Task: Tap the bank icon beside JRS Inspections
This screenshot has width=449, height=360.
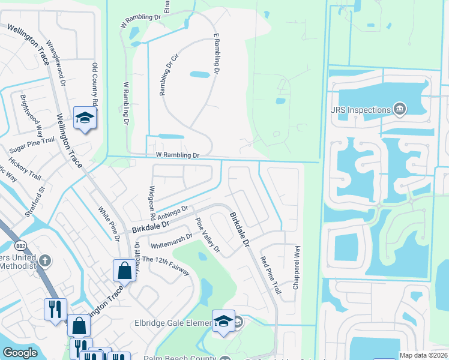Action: click(399, 109)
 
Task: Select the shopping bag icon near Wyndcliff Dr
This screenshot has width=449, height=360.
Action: click(124, 270)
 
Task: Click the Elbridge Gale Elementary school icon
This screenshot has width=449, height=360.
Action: click(223, 322)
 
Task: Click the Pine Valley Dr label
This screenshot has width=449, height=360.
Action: click(208, 235)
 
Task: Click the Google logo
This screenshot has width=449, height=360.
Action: click(20, 353)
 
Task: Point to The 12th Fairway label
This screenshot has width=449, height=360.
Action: click(166, 265)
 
